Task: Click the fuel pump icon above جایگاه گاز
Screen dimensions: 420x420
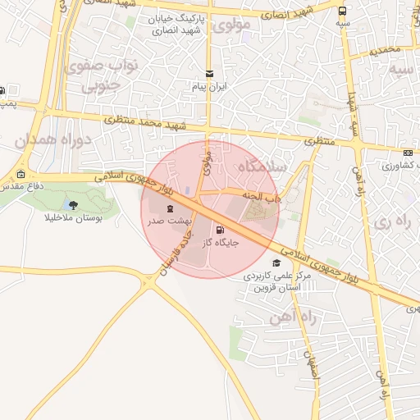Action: (x=219, y=230)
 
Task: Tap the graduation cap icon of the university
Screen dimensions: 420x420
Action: (x=276, y=262)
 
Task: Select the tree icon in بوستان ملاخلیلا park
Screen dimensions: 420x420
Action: (x=73, y=205)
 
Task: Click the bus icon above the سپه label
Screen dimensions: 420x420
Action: (x=342, y=11)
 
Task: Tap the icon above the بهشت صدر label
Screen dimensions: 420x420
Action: (x=171, y=208)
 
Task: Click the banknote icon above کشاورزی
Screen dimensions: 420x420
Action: (x=408, y=153)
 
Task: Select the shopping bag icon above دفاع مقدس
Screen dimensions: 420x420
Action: (x=21, y=174)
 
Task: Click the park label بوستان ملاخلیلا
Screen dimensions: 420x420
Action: (x=74, y=220)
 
